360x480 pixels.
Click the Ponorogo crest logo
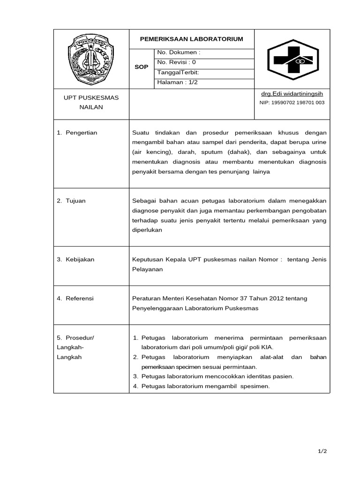[91, 59]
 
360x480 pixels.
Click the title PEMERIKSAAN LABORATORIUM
[192, 39]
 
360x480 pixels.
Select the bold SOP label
[141, 67]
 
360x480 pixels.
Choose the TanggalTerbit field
[178, 73]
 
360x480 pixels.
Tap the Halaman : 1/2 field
[175, 82]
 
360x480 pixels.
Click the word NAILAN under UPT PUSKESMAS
[91, 107]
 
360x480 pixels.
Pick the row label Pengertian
[81, 133]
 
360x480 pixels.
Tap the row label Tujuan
[75, 201]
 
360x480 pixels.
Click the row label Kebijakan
[79, 259]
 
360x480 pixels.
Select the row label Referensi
[79, 298]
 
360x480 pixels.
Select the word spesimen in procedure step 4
[255, 386]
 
